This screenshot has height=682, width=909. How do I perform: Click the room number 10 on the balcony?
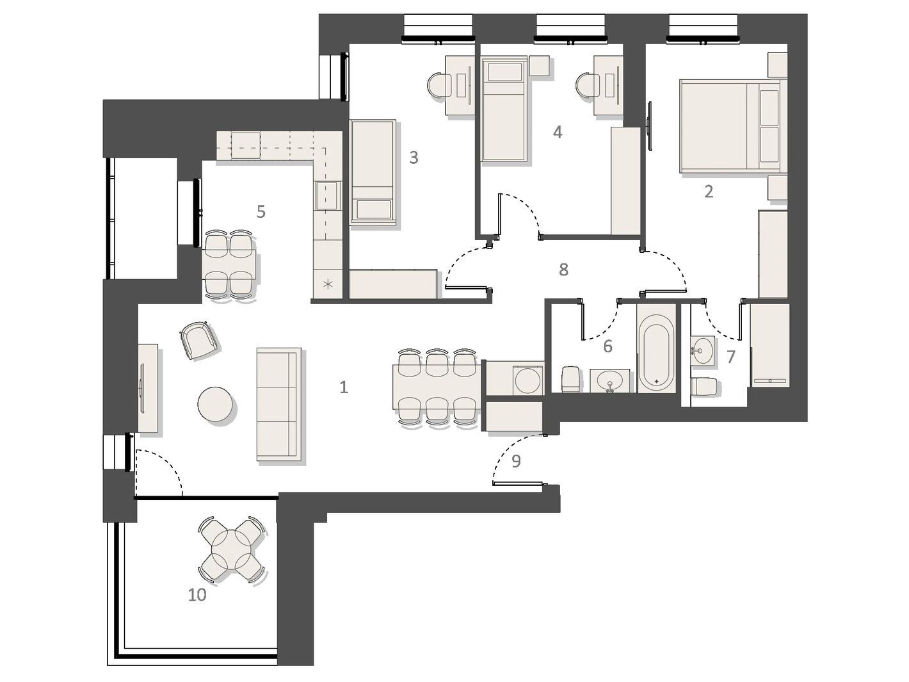click(197, 595)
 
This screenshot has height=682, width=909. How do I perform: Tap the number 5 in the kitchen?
click(261, 211)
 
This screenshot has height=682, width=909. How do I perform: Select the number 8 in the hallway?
click(563, 270)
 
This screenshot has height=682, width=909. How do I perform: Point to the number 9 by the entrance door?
click(516, 461)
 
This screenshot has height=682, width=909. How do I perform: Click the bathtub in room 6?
click(656, 349)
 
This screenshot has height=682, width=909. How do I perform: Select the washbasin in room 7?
click(702, 351)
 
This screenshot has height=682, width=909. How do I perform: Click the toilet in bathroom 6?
click(570, 379)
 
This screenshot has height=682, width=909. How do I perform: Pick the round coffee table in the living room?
click(215, 405)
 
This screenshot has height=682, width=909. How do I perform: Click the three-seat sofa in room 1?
click(278, 404)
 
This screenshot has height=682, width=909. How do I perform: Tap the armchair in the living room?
click(199, 341)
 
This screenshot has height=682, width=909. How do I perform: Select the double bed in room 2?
click(733, 126)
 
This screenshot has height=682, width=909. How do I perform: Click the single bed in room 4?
click(504, 109)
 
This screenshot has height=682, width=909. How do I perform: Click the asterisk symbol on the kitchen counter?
click(328, 284)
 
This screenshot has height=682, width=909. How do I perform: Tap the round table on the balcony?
click(231, 549)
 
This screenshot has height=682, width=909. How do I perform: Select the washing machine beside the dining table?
click(527, 380)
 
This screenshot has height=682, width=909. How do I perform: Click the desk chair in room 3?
click(438, 86)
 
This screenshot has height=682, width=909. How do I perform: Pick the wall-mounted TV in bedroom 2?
click(649, 126)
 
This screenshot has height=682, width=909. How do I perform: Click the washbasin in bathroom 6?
click(609, 380)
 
